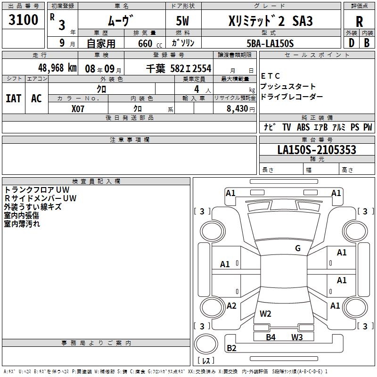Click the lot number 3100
(23, 20)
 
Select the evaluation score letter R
(359, 22)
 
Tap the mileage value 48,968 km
(57, 68)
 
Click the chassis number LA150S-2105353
(317, 150)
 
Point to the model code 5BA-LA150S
(270, 43)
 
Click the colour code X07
(78, 109)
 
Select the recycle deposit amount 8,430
(238, 109)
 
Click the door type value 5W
(182, 21)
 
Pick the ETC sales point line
(270, 76)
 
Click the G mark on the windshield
(298, 248)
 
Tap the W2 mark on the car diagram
(265, 313)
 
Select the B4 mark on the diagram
(270, 337)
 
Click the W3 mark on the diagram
(297, 337)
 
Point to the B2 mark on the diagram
(231, 348)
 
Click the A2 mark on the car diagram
(231, 306)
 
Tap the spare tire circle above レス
(206, 344)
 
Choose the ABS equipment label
(303, 127)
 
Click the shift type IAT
(14, 98)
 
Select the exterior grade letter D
(352, 43)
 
